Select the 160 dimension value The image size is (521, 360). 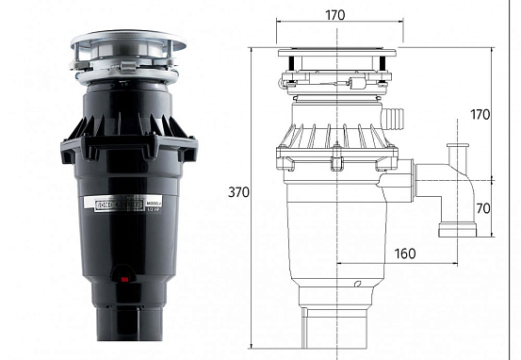(406, 254)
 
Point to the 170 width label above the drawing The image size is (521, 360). (334, 15)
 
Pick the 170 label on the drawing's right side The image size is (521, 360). (480, 115)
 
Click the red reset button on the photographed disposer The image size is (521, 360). (121, 277)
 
